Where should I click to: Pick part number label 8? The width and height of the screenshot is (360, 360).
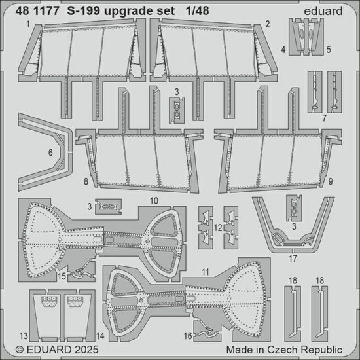pos(85,179)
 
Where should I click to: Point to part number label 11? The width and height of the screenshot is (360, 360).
pos(205,270)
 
